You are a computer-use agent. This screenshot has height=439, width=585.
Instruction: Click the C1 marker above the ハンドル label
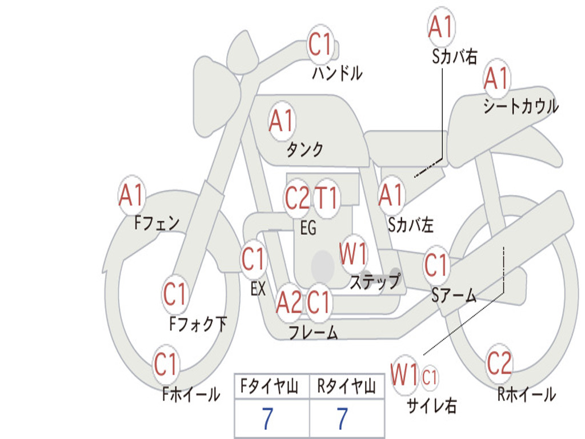[320, 45]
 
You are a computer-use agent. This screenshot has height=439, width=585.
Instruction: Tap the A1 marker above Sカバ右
[442, 26]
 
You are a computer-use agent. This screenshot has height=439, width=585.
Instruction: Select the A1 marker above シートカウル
[496, 78]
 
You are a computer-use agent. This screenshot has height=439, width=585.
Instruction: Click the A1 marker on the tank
[282, 121]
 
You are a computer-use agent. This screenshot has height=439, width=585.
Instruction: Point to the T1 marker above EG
[327, 197]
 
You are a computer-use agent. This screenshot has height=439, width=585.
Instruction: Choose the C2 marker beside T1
[297, 197]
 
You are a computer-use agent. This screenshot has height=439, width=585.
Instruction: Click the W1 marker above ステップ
[353, 254]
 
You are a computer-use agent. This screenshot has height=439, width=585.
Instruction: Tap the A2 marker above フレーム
[289, 302]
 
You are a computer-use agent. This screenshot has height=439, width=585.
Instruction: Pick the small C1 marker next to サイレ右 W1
[429, 377]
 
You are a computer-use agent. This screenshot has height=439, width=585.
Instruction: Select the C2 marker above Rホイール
[499, 363]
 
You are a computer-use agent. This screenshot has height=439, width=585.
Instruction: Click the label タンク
[305, 149]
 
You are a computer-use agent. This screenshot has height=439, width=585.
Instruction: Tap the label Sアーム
[454, 295]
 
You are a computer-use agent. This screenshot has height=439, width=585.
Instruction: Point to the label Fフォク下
[198, 324]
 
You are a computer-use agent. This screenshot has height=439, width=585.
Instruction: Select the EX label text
[258, 289]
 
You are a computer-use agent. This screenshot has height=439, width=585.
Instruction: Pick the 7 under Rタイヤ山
[343, 418]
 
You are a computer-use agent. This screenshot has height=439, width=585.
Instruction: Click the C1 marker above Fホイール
[166, 364]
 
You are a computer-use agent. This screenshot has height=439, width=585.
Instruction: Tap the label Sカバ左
[411, 225]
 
